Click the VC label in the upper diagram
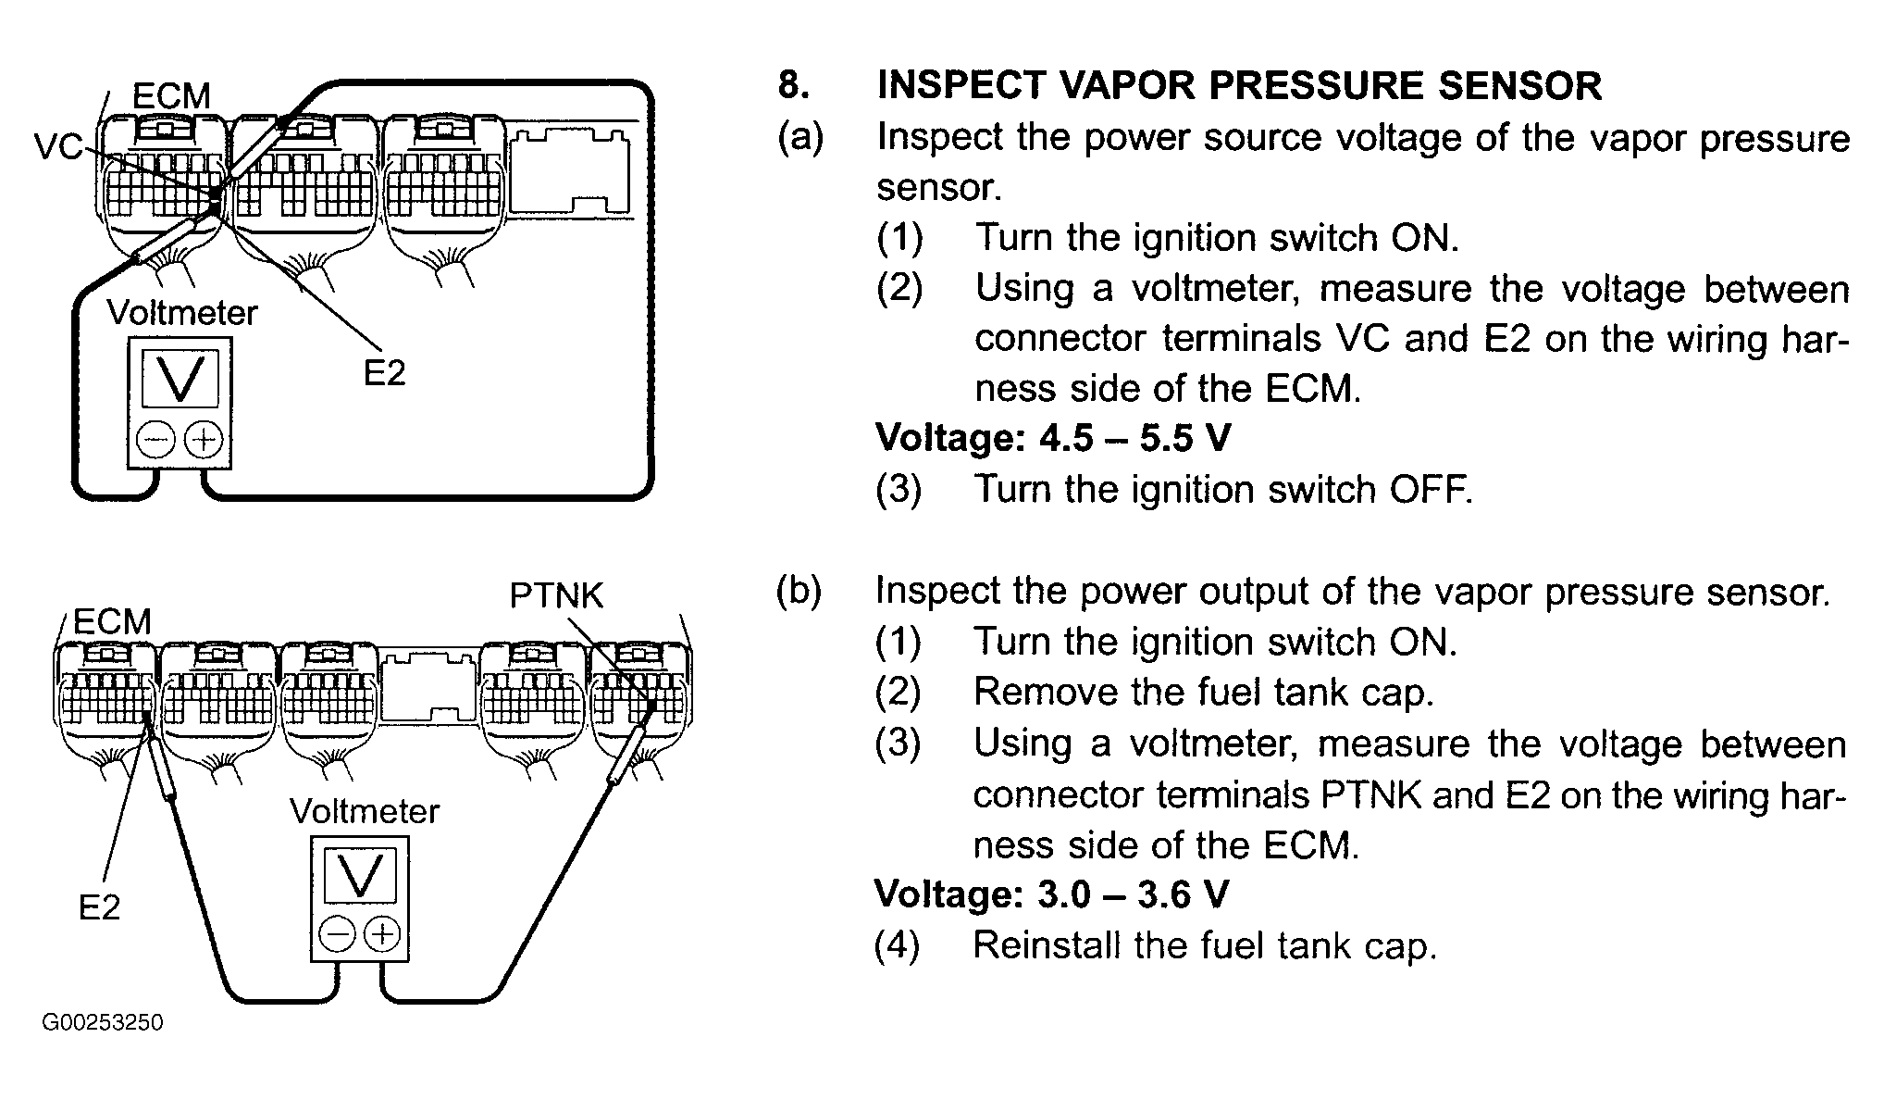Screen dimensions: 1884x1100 tap(59, 147)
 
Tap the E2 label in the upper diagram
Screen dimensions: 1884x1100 tap(384, 373)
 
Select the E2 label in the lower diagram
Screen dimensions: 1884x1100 tap(99, 907)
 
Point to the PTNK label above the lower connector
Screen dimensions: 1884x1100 tap(556, 595)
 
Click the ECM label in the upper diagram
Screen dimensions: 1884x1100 tap(171, 96)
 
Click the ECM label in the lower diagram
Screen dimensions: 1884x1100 tap(112, 622)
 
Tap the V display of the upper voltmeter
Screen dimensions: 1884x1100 tap(180, 381)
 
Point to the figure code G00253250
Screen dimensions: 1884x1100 tap(102, 1023)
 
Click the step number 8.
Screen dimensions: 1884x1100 tap(794, 85)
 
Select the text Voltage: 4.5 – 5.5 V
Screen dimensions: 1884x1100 tap(1053, 438)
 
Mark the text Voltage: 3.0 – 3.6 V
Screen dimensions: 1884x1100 tap(1052, 894)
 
